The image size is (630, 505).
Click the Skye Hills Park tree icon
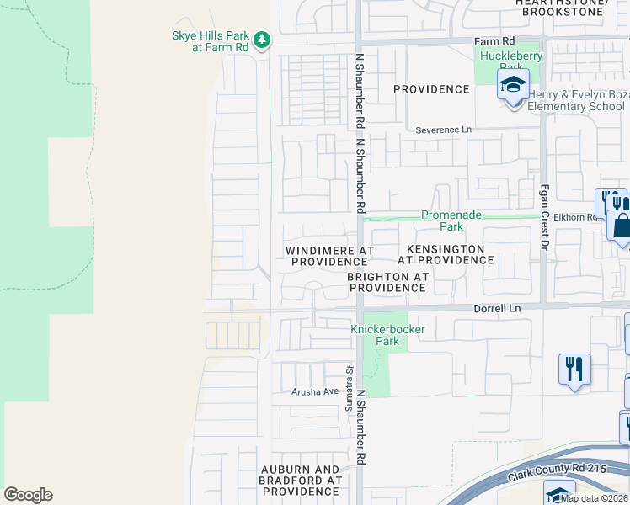(x=262, y=39)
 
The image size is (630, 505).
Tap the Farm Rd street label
(x=494, y=40)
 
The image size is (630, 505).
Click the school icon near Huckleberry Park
(x=512, y=85)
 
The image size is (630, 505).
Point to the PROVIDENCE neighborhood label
(x=431, y=89)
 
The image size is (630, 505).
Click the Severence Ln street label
(x=444, y=130)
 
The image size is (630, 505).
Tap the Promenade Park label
(x=452, y=221)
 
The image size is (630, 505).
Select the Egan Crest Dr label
(x=544, y=217)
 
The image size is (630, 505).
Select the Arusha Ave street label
(x=314, y=391)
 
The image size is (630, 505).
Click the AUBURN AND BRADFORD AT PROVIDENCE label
(x=300, y=480)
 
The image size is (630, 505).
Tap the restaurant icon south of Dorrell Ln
(x=574, y=369)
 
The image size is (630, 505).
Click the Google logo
(x=28, y=495)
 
